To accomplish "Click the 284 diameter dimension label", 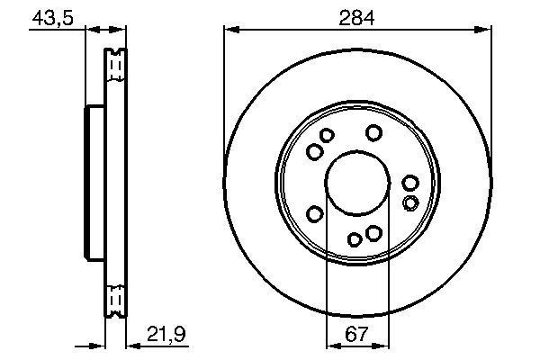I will (x=357, y=17).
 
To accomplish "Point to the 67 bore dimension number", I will (x=357, y=334).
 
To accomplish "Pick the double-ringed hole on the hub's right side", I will (x=410, y=202).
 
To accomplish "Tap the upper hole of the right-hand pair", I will (x=410, y=184).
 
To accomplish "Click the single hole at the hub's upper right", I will (x=373, y=133).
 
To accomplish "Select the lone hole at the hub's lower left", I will (x=315, y=213).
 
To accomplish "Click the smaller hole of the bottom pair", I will (x=355, y=238).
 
